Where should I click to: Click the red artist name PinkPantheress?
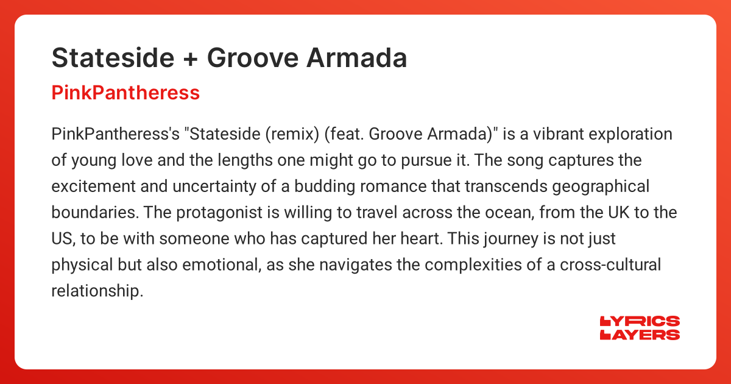(x=125, y=93)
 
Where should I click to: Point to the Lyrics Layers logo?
(x=640, y=328)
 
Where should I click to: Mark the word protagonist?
(x=210, y=213)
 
